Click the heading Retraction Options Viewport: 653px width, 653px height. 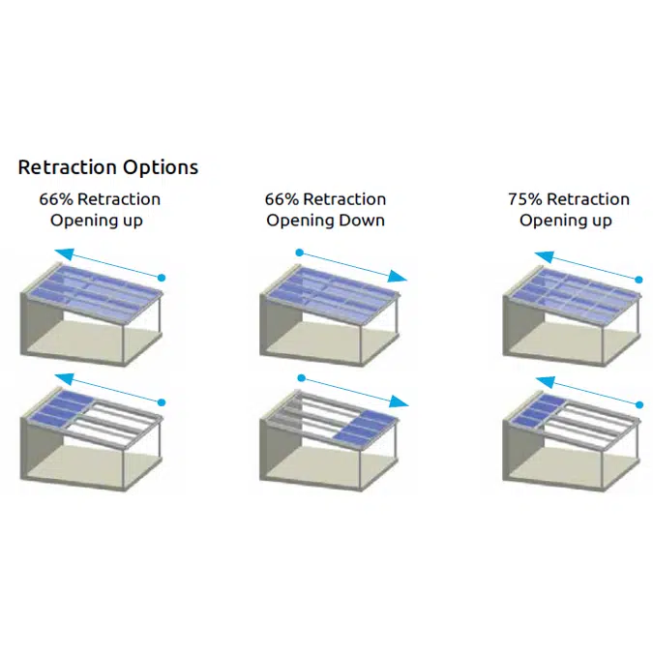108,167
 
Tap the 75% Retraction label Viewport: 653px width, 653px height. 568,199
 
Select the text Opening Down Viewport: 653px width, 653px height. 326,221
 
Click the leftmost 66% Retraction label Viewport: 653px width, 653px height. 100,199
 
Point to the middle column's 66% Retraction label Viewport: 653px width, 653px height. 325,199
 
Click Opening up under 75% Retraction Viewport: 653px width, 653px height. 566,221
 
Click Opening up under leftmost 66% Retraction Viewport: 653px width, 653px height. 100,221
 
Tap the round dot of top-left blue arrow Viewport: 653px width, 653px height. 163,278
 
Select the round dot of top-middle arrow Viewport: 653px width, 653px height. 300,253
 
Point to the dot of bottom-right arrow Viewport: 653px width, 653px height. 638,403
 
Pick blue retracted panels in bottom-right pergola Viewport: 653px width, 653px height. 536,410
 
